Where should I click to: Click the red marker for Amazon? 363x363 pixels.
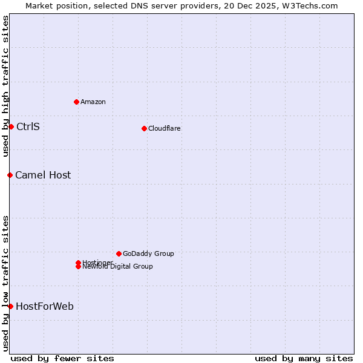click(x=76, y=102)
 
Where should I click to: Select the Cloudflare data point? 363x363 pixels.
click(x=144, y=128)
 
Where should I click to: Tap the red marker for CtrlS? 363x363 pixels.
click(x=11, y=126)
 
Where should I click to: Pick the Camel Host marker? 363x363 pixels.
click(x=10, y=175)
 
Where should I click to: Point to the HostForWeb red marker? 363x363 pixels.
click(x=10, y=306)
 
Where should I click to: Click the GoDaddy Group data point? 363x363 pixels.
click(x=119, y=253)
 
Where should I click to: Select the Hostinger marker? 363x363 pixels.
click(x=78, y=263)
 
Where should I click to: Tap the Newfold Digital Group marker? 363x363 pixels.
click(x=78, y=267)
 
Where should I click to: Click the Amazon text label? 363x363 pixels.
click(x=93, y=102)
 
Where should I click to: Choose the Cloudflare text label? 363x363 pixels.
click(x=165, y=128)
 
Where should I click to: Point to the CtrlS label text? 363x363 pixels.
click(x=28, y=126)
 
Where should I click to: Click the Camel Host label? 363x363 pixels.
click(x=43, y=175)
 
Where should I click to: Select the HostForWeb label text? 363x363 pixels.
click(x=45, y=306)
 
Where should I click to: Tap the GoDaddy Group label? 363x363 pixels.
click(x=148, y=253)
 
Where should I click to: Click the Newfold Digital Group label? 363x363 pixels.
click(x=118, y=267)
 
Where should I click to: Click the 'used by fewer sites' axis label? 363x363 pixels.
click(x=62, y=358)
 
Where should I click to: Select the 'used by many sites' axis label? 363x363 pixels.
click(x=304, y=358)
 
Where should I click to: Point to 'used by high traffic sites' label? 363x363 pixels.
click(x=5, y=86)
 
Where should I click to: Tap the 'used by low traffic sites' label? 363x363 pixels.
click(x=5, y=283)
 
